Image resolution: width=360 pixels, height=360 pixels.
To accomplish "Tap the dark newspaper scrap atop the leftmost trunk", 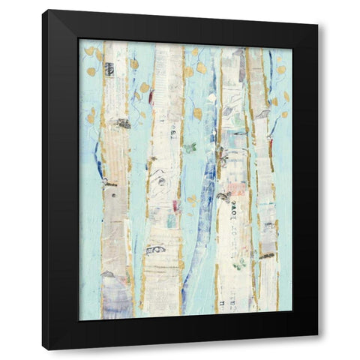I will click(110, 69).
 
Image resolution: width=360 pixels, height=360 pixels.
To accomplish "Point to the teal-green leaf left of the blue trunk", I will click(190, 148).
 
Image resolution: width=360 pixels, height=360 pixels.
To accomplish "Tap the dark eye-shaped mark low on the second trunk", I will click(155, 250).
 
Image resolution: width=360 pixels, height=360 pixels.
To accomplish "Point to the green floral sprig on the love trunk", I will click(239, 265).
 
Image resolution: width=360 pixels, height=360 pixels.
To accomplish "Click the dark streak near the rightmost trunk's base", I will click(266, 256).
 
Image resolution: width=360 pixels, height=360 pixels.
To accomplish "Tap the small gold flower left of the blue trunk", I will click(192, 200).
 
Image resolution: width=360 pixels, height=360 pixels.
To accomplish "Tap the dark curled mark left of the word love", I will click(223, 196).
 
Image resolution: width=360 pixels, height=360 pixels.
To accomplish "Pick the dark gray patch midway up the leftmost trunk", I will click(120, 124).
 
